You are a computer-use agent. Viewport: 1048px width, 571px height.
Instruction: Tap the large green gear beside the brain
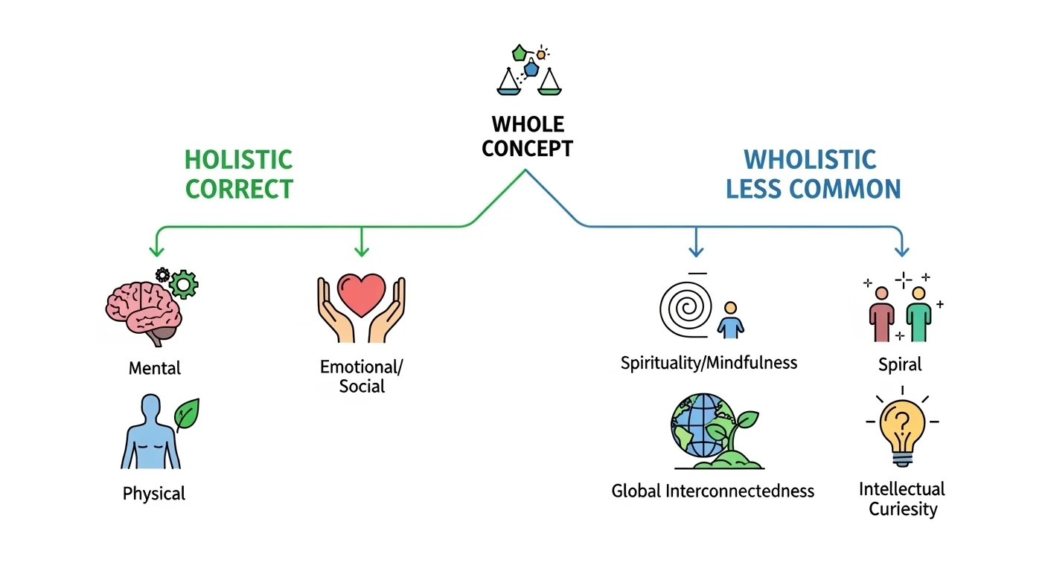pos(183,283)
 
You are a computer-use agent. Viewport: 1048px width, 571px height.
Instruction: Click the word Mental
pos(155,368)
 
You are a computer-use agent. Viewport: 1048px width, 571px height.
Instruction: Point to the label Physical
pos(154,494)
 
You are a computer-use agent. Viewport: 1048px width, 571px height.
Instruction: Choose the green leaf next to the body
pos(186,413)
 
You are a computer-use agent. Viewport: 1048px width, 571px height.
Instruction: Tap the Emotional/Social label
pos(362,376)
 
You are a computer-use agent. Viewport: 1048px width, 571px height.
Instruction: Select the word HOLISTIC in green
pos(238,159)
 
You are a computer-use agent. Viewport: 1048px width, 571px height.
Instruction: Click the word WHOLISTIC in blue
pos(810,159)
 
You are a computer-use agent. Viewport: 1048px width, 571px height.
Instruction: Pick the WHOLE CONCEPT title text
pos(527,136)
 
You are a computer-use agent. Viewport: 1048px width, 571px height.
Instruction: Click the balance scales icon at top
pos(528,72)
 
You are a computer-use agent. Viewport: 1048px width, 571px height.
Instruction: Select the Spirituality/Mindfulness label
pos(709,363)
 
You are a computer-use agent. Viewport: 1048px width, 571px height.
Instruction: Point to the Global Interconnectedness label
pos(712,491)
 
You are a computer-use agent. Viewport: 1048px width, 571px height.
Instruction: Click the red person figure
pos(881,314)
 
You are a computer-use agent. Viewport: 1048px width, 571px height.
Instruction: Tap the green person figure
pos(918,314)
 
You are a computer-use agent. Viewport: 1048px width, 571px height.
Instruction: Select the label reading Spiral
pos(900,364)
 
